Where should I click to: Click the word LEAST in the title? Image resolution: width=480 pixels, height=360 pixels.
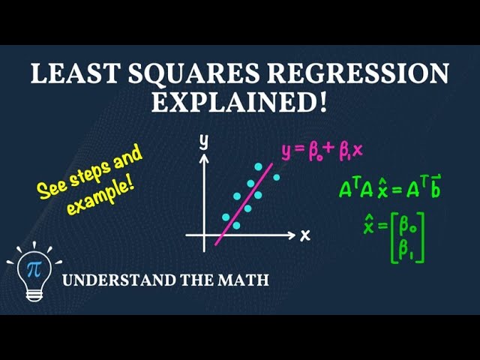(x=67, y=74)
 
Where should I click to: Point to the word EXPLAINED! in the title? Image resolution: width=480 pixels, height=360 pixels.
(x=239, y=101)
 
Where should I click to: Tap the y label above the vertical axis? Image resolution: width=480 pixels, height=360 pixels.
(x=202, y=142)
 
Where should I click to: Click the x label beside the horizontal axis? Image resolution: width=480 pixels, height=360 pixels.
(x=305, y=235)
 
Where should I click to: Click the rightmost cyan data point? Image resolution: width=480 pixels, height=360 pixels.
(x=276, y=178)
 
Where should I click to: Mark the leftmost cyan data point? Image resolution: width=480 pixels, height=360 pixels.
(x=225, y=217)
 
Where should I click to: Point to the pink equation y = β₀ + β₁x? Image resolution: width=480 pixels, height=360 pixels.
(x=322, y=151)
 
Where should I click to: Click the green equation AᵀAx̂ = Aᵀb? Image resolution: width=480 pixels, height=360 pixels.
(x=389, y=190)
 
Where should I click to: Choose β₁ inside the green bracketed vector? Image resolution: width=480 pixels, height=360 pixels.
(x=408, y=250)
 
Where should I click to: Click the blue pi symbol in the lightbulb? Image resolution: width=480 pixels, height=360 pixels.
(x=33, y=268)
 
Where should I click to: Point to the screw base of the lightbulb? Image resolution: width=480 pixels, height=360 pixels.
(x=34, y=294)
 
